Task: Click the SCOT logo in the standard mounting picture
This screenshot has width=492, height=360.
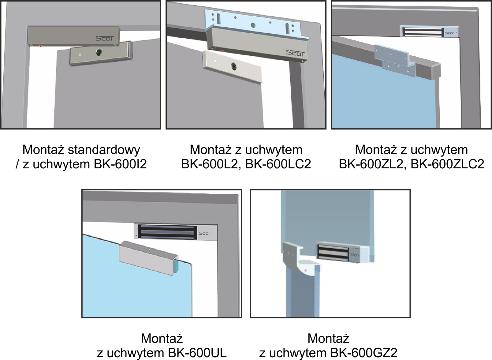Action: tap(105, 39)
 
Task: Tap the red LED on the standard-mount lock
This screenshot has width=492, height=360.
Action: tap(41, 46)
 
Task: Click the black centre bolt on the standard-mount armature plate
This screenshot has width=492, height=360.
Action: tap(99, 52)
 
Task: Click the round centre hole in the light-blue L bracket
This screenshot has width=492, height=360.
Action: tap(253, 25)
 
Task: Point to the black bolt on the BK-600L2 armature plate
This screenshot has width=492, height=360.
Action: tap(234, 66)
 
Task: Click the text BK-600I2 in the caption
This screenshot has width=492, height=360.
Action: tap(120, 164)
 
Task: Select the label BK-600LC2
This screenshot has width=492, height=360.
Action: tap(278, 164)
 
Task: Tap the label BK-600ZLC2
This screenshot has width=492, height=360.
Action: tap(447, 164)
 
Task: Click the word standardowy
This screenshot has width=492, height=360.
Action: tap(104, 150)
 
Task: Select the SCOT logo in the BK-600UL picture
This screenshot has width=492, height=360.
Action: tap(204, 233)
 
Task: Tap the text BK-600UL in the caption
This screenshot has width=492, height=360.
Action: tap(197, 353)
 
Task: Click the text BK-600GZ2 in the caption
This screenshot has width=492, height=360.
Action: tap(364, 353)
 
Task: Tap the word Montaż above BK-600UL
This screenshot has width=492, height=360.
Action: tap(162, 339)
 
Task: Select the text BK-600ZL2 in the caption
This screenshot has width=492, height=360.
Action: tap(371, 164)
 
